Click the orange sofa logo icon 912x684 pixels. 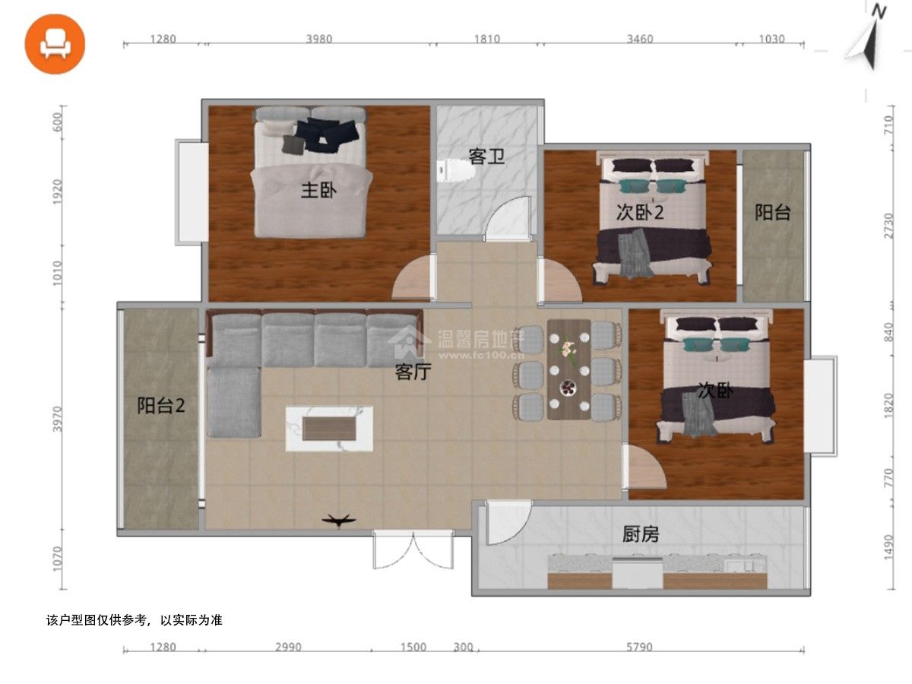click(55, 44)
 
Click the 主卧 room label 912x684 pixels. click(318, 190)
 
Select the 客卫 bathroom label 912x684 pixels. click(486, 156)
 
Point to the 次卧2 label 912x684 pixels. click(639, 212)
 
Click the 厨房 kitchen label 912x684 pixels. click(640, 534)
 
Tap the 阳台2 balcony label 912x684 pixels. click(161, 405)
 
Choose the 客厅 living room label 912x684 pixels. click(413, 372)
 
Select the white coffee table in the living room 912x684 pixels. click(329, 428)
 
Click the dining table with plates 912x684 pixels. click(568, 369)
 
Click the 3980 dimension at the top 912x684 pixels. click(319, 39)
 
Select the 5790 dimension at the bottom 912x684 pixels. click(639, 647)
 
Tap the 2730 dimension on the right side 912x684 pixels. click(888, 226)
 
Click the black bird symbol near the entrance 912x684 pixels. click(339, 520)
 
